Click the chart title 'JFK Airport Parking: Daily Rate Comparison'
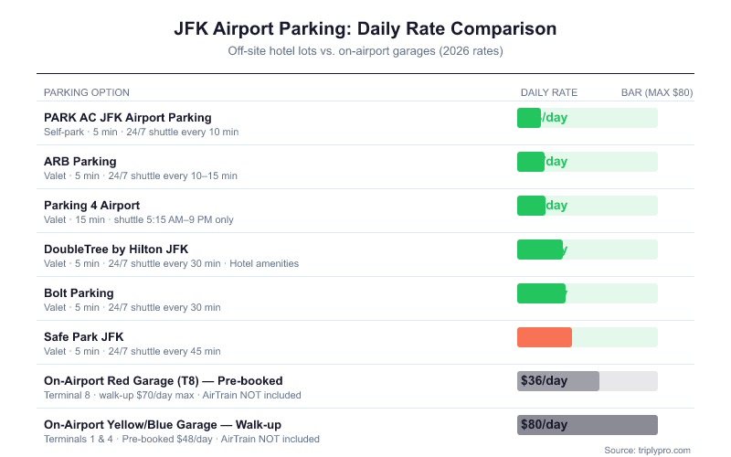click(365, 28)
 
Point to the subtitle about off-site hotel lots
click(365, 51)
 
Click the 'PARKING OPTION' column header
click(87, 92)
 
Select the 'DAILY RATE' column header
click(549, 92)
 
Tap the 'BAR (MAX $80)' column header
click(657, 92)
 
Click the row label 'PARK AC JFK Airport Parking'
click(127, 117)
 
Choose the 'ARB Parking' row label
click(80, 161)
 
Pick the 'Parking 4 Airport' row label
click(91, 205)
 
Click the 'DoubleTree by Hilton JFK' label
click(116, 249)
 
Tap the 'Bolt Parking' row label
click(79, 292)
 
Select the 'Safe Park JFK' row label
click(83, 336)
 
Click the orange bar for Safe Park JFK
click(545, 337)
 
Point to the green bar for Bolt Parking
click(541, 293)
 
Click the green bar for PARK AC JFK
click(529, 118)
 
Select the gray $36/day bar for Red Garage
click(558, 381)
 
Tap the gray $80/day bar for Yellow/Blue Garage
click(588, 425)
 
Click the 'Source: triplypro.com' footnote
click(648, 450)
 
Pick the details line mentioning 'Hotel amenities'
click(172, 264)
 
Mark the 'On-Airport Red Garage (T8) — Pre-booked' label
click(164, 380)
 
